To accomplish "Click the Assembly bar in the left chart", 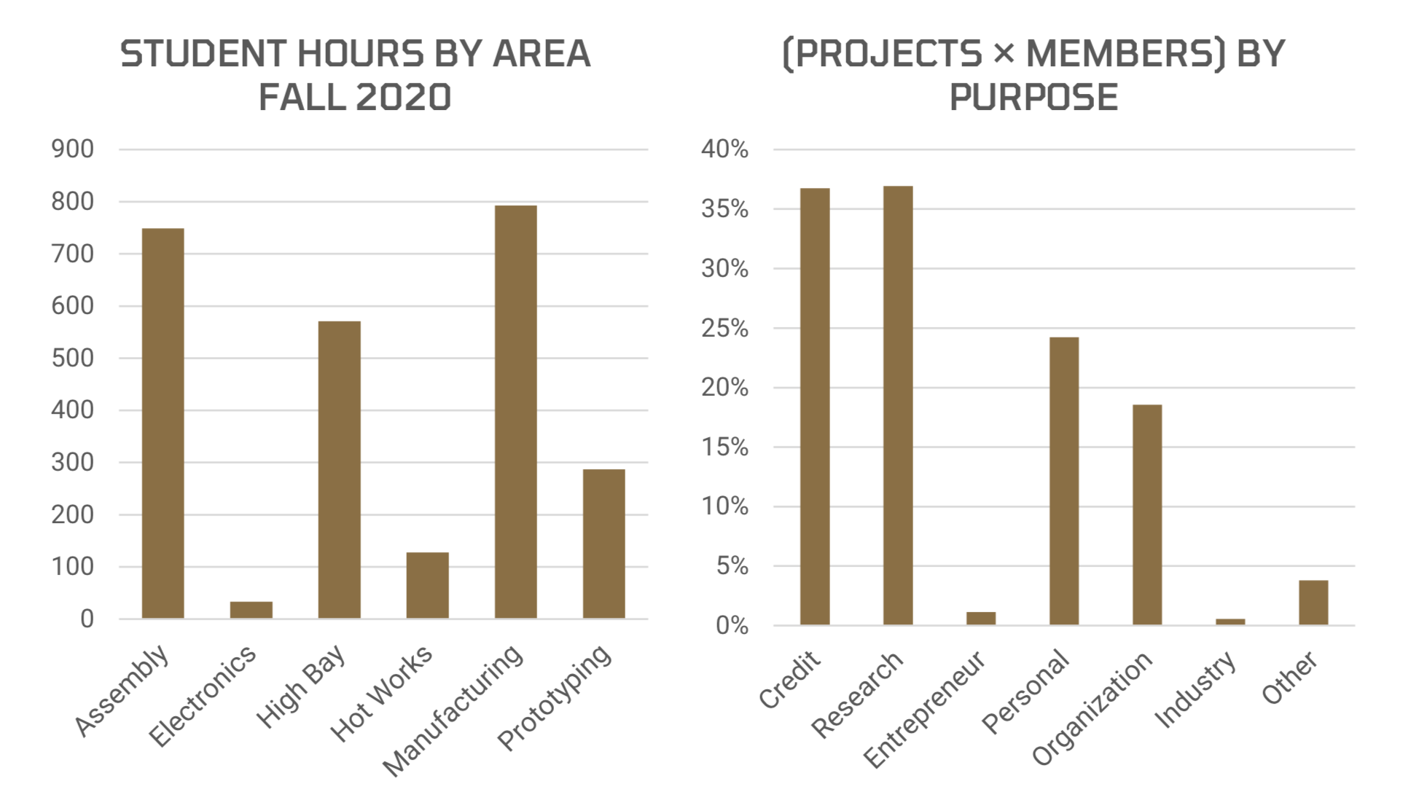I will click(163, 423).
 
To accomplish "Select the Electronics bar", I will click(251, 610).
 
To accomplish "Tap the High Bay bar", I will click(339, 470).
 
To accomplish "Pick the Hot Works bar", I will click(427, 585).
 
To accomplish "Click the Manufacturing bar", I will click(515, 412).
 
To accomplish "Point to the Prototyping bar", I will click(603, 544).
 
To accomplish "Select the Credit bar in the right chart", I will click(815, 406).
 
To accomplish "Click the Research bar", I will click(898, 405).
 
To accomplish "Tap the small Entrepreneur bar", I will click(981, 619).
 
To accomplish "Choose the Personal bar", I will click(1064, 481).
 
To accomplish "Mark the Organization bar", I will click(1147, 514).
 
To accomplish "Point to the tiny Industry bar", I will click(1230, 621).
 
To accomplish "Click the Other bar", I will click(1313, 603).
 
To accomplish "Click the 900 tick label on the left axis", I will click(72, 149).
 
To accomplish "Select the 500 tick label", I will click(72, 358).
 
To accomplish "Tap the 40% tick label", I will click(724, 149).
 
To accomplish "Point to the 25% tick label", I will click(724, 329).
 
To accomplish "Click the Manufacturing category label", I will click(453, 710).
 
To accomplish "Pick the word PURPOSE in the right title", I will click(1033, 98).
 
